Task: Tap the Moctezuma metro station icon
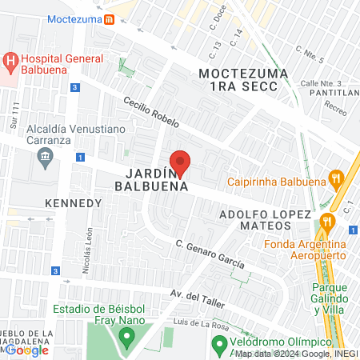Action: click(x=111, y=18)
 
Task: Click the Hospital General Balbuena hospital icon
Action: click(x=10, y=61)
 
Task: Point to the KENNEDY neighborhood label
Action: click(x=74, y=202)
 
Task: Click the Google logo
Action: click(x=27, y=350)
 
